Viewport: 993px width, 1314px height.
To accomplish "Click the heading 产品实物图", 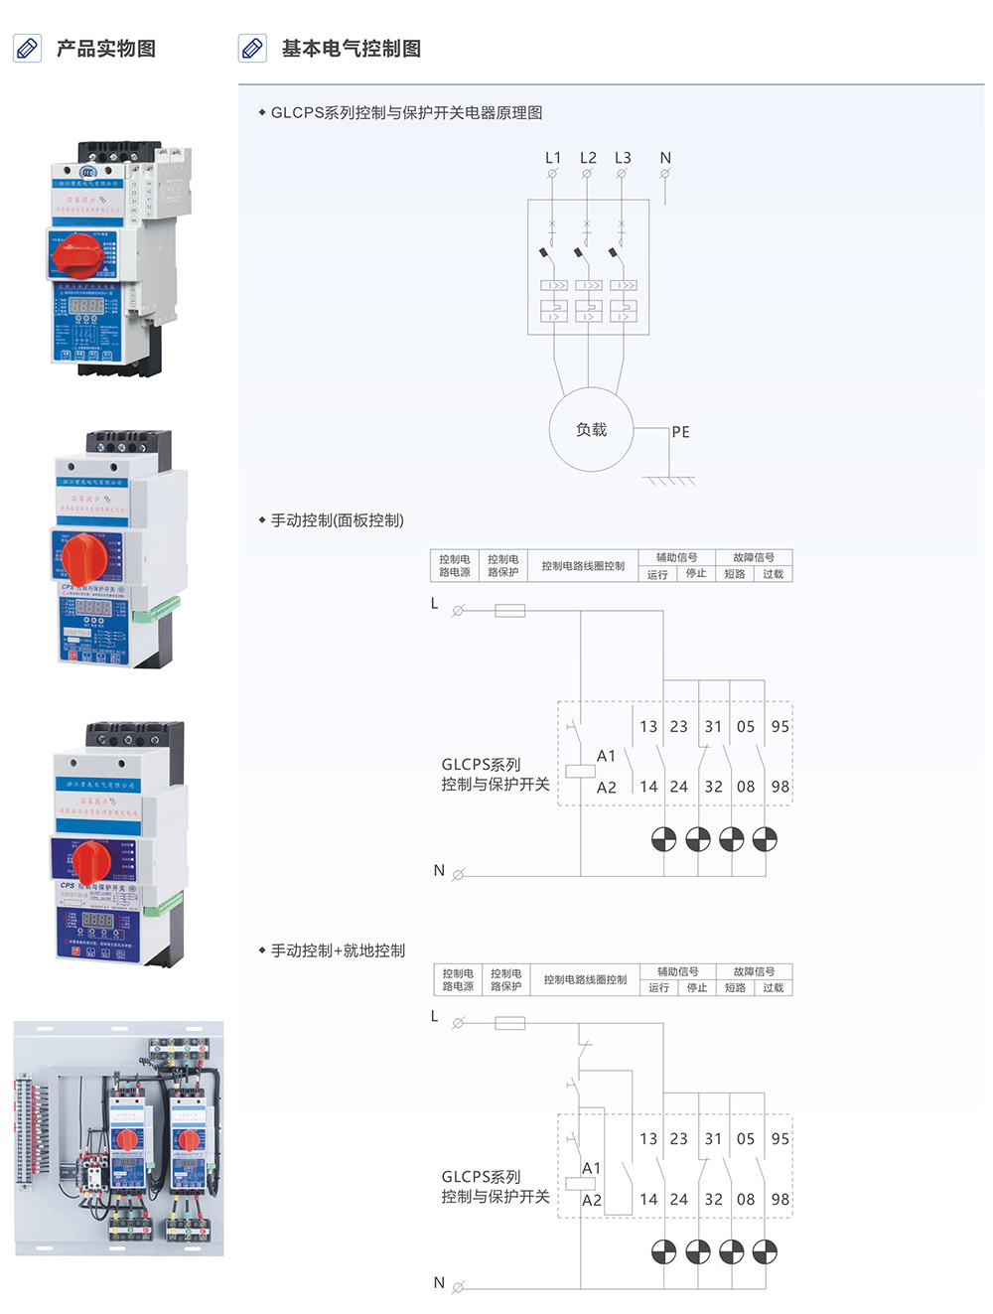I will click(105, 49).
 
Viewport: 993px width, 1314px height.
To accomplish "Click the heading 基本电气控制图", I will click(351, 49).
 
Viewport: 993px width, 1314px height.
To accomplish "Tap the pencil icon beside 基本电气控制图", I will click(253, 48).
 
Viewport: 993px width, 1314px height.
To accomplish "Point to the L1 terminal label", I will click(553, 158).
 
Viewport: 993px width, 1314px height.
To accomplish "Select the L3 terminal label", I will click(623, 158).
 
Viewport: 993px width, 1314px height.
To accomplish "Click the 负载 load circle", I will click(592, 429).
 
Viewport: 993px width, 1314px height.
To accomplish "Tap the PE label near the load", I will click(680, 432).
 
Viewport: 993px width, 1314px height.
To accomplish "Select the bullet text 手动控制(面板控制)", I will click(337, 520).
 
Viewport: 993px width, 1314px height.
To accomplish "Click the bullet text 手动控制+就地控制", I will click(338, 950).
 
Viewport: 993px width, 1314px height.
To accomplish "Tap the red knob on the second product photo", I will click(83, 558).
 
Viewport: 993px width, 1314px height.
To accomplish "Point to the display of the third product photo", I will click(97, 920).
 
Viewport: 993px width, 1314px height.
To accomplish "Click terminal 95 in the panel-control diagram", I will click(780, 727).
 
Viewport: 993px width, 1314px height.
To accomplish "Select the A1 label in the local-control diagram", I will click(592, 1168).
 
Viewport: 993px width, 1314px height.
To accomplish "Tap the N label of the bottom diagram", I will click(439, 1282).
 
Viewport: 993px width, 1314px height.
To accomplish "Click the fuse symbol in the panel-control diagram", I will click(509, 611).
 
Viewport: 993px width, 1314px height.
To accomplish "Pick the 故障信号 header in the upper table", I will click(754, 557).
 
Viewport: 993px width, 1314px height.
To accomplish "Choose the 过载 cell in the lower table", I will click(774, 988).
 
